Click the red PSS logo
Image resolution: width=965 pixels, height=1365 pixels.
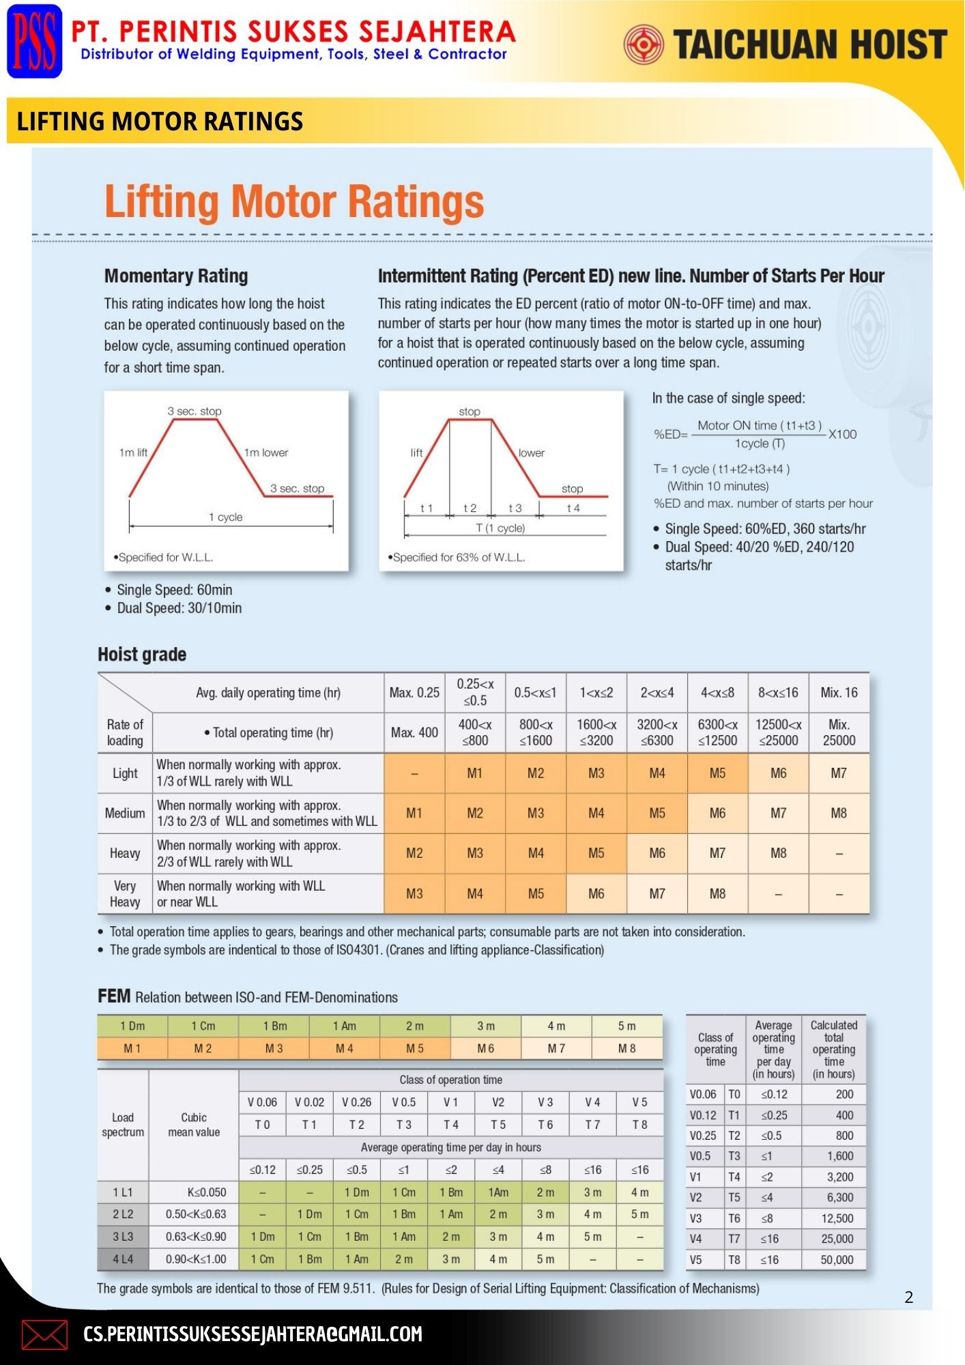click(x=35, y=42)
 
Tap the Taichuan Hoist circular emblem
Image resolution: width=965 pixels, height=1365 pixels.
click(x=643, y=44)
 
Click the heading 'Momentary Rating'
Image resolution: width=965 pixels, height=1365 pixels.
click(x=176, y=276)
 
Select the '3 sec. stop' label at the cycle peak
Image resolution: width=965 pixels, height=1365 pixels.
click(x=195, y=411)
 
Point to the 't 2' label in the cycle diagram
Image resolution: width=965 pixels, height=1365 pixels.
click(x=470, y=508)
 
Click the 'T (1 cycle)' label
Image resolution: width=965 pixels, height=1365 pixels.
click(x=500, y=528)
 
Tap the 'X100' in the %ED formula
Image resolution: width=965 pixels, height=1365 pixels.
click(x=842, y=434)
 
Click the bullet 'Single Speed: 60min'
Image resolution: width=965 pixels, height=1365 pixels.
click(x=174, y=590)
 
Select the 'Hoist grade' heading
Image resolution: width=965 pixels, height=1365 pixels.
click(x=142, y=654)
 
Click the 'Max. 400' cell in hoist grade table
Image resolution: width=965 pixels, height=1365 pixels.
click(x=414, y=732)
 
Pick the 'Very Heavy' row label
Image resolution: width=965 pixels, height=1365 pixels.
click(x=125, y=893)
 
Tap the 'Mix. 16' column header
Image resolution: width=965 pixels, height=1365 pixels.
click(x=839, y=693)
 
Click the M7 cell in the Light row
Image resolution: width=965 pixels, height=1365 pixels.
click(x=839, y=773)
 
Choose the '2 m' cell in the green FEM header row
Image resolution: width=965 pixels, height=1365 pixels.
click(x=415, y=1026)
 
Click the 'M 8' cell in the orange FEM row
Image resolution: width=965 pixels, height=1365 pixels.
click(x=626, y=1048)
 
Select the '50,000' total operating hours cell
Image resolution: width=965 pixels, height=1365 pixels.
click(x=837, y=1260)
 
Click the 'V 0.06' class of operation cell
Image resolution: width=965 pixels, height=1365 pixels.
click(x=262, y=1102)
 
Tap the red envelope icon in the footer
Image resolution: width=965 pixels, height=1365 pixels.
click(x=44, y=1334)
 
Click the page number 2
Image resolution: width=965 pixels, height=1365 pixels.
click(x=908, y=1297)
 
